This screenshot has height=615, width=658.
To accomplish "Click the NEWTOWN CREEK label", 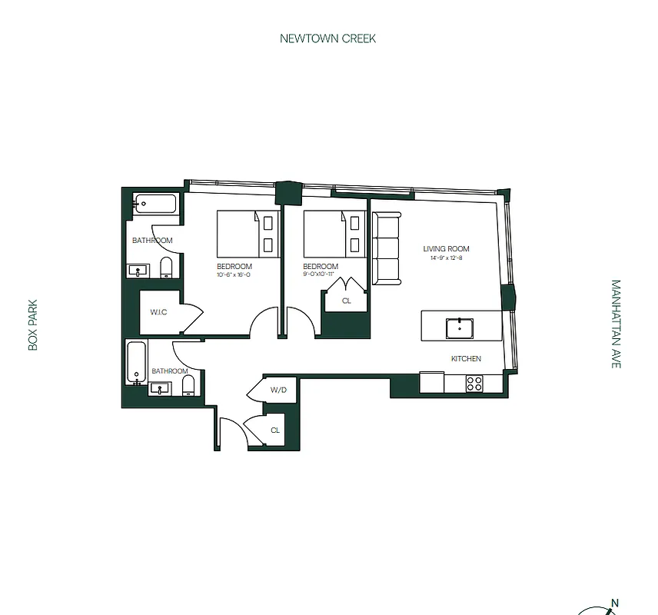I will (x=327, y=38).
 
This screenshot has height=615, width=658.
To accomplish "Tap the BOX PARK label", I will (x=33, y=325).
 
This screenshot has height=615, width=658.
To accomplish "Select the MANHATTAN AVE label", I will (x=615, y=324).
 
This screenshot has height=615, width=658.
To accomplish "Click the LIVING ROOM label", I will (x=446, y=249).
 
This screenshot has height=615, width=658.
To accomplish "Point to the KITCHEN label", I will (x=466, y=359).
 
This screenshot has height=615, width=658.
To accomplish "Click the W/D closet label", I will (x=278, y=391).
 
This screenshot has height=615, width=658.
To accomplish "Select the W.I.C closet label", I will (x=159, y=312).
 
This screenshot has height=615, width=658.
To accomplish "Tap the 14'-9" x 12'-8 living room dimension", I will (x=446, y=258).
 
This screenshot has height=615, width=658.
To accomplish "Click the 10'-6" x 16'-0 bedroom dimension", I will (x=234, y=274).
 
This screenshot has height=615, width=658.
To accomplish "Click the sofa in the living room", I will (x=387, y=248).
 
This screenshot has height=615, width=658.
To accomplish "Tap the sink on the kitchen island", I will (x=460, y=327).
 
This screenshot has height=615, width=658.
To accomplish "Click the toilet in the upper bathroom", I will (x=166, y=268).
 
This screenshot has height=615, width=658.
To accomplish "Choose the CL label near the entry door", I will (x=275, y=430).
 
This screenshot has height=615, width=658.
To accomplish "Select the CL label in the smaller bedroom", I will (x=346, y=301).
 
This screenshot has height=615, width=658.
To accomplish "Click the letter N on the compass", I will (x=614, y=603).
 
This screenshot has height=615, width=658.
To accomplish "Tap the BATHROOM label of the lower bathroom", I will (x=169, y=371).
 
